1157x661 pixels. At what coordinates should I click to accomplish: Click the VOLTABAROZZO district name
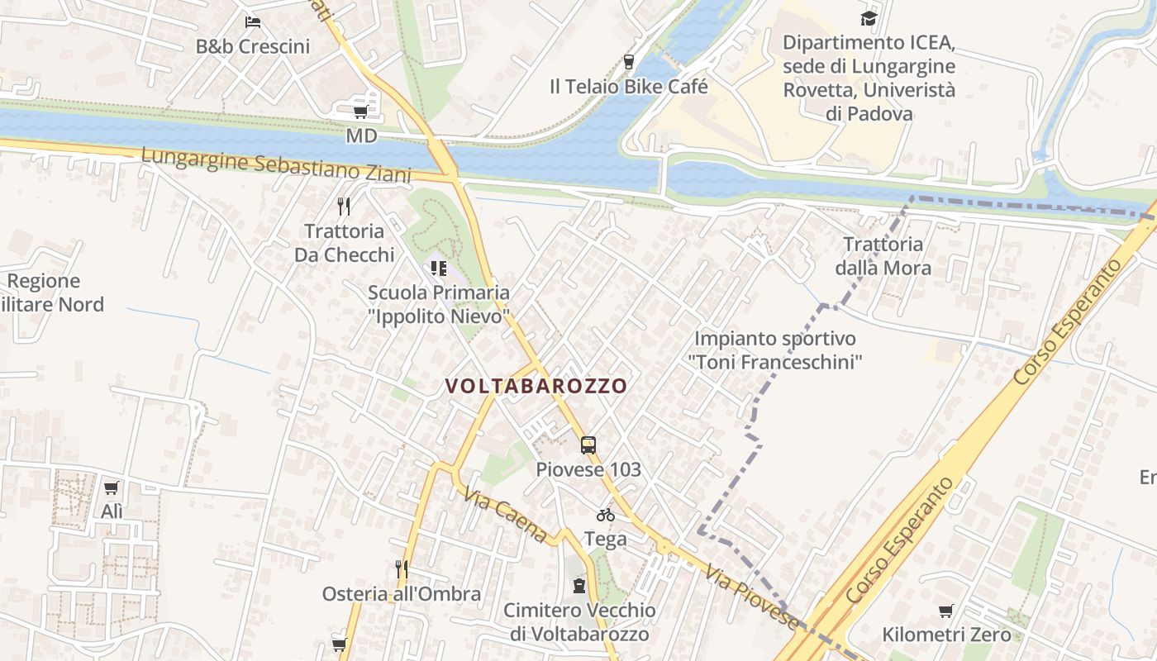tap(536, 386)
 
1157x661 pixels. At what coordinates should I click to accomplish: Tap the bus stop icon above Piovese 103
tap(588, 445)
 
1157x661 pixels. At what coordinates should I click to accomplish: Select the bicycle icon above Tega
tap(605, 515)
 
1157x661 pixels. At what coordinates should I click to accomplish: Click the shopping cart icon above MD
tap(360, 112)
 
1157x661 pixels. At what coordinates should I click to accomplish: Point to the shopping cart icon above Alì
tap(112, 487)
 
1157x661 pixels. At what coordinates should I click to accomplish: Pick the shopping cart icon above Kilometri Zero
tap(945, 611)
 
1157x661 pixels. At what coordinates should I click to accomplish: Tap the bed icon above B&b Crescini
tap(253, 21)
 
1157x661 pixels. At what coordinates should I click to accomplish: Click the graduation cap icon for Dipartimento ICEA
tap(869, 18)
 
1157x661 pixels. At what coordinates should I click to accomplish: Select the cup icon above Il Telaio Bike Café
tap(628, 61)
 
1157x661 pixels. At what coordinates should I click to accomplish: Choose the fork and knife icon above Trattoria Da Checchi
tap(344, 206)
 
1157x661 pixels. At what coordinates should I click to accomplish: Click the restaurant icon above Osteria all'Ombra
tap(402, 568)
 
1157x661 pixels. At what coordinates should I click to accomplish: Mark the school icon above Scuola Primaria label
tap(438, 268)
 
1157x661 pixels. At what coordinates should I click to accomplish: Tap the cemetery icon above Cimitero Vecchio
tap(579, 586)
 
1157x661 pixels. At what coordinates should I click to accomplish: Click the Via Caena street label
tap(505, 516)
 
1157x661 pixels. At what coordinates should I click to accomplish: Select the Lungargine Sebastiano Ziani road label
tap(276, 164)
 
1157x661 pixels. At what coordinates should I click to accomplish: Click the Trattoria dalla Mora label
tap(883, 256)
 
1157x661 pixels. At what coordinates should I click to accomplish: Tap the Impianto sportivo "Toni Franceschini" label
tap(775, 350)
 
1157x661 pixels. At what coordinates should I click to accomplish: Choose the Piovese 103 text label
tap(588, 469)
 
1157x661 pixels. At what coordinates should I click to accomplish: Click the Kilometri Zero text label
tap(946, 635)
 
